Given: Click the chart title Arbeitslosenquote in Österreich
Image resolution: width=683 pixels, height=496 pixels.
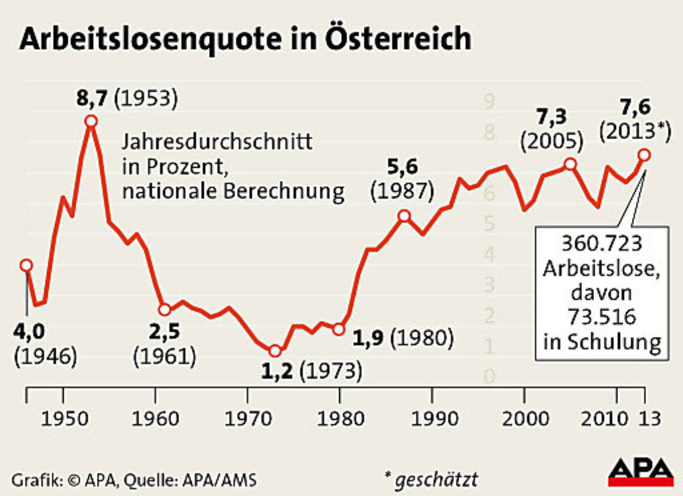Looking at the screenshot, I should click(245, 40).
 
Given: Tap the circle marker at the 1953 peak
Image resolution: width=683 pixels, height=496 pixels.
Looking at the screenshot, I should click(90, 121).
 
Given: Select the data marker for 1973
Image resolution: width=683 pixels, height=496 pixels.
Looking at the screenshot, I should click(275, 351).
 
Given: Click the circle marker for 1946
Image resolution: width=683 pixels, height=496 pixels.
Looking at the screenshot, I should click(26, 265).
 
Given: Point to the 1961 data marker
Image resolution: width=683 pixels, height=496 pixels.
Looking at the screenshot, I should click(164, 310).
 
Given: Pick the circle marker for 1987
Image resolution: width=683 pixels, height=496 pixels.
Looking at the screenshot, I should click(404, 216).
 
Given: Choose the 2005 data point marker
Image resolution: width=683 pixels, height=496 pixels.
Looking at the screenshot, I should click(570, 164).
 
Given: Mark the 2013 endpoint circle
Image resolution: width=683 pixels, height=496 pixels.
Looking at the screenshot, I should click(644, 155).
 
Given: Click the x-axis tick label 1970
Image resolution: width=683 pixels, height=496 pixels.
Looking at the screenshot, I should click(247, 420).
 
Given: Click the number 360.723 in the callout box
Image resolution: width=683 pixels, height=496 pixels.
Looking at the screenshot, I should click(602, 243).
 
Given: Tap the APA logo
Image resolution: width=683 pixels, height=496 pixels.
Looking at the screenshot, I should click(640, 472).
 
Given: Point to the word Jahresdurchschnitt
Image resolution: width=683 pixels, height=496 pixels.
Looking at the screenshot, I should click(217, 141).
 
